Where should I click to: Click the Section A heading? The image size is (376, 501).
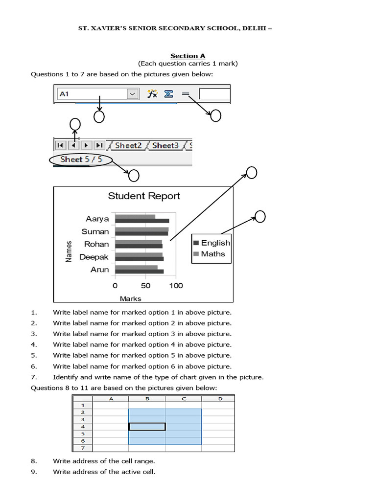[x=188, y=56]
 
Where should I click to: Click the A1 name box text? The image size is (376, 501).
[x=64, y=93]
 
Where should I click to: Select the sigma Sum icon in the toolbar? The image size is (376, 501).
[x=168, y=93]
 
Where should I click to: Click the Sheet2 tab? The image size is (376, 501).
[x=128, y=145]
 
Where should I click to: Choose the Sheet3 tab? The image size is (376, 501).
[x=165, y=145]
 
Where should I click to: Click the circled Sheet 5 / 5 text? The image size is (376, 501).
[x=81, y=159]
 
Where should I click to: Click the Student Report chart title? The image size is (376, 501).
[x=144, y=196]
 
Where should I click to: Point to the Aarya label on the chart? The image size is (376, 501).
[x=97, y=219]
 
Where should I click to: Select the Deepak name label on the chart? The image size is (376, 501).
[x=94, y=257]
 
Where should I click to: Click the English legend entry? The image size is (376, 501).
[x=215, y=243]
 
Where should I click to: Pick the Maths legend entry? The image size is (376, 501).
[x=212, y=254]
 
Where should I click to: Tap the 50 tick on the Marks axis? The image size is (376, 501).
[x=145, y=286]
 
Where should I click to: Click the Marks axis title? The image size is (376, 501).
[x=130, y=298]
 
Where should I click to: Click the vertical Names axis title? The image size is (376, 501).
[x=69, y=250]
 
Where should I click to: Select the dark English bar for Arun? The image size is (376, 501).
[x=139, y=272]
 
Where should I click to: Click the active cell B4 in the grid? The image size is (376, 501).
[x=147, y=427]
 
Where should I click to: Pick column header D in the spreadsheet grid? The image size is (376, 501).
[x=220, y=399]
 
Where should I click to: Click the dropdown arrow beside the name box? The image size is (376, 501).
[x=132, y=93]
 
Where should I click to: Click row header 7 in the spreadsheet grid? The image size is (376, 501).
[x=83, y=448]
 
